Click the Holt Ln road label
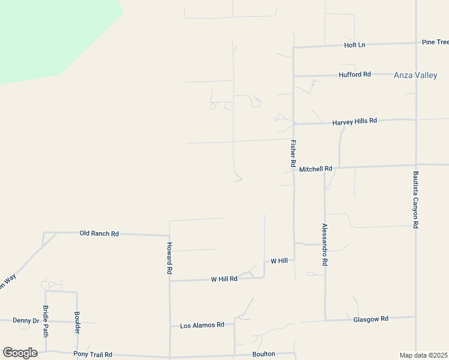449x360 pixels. point(354,45)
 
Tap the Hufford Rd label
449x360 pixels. point(355,74)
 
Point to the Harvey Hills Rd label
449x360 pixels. point(354,121)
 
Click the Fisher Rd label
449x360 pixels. point(294,154)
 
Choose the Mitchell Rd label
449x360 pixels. point(315,169)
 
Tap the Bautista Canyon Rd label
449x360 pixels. point(415,200)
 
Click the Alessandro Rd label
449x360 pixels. point(325,245)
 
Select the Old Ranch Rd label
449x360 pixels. point(99,233)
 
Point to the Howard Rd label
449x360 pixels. point(170,259)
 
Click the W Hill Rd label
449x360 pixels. point(224,279)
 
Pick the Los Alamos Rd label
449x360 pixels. point(202,325)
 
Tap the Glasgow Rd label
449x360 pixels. point(371,319)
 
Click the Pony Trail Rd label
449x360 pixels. point(92,355)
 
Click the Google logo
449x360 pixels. point(20,353)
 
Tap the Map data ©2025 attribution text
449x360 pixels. point(423,355)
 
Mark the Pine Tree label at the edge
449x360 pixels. point(435,42)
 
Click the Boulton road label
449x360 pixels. point(264,354)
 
